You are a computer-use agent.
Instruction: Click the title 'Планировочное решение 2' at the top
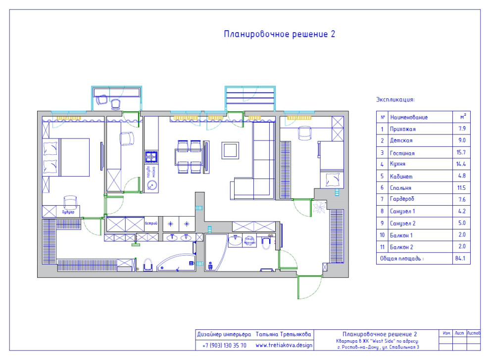point(280,34)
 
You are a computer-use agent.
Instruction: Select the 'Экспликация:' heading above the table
point(395,99)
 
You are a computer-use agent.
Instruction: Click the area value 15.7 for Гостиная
point(462,153)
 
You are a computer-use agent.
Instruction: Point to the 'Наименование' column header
point(409,118)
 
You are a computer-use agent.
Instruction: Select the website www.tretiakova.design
point(284,346)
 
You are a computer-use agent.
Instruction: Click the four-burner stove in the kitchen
point(151,157)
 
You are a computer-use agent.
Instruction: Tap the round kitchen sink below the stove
point(152,186)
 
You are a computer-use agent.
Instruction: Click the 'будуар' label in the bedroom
point(68,212)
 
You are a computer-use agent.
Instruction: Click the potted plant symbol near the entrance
point(322,206)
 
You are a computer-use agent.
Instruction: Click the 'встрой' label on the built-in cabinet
point(151,224)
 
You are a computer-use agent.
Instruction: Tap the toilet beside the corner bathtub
point(147,265)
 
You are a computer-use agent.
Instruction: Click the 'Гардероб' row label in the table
point(402,199)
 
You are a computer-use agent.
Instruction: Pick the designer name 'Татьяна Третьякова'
point(283,334)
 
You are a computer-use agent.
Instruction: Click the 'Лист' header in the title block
point(459,333)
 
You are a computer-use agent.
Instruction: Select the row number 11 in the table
point(382,247)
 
